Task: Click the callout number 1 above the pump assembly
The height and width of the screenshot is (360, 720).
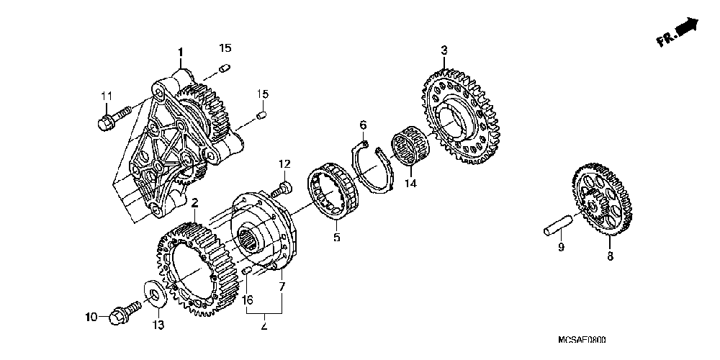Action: click(x=180, y=51)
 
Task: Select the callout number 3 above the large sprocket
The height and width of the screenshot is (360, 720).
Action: click(x=444, y=50)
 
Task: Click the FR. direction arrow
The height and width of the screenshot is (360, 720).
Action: click(x=681, y=32)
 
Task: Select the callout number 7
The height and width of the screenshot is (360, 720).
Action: click(x=282, y=287)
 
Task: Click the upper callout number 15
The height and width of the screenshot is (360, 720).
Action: click(x=225, y=48)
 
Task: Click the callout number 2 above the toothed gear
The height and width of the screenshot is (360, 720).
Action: click(x=194, y=203)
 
